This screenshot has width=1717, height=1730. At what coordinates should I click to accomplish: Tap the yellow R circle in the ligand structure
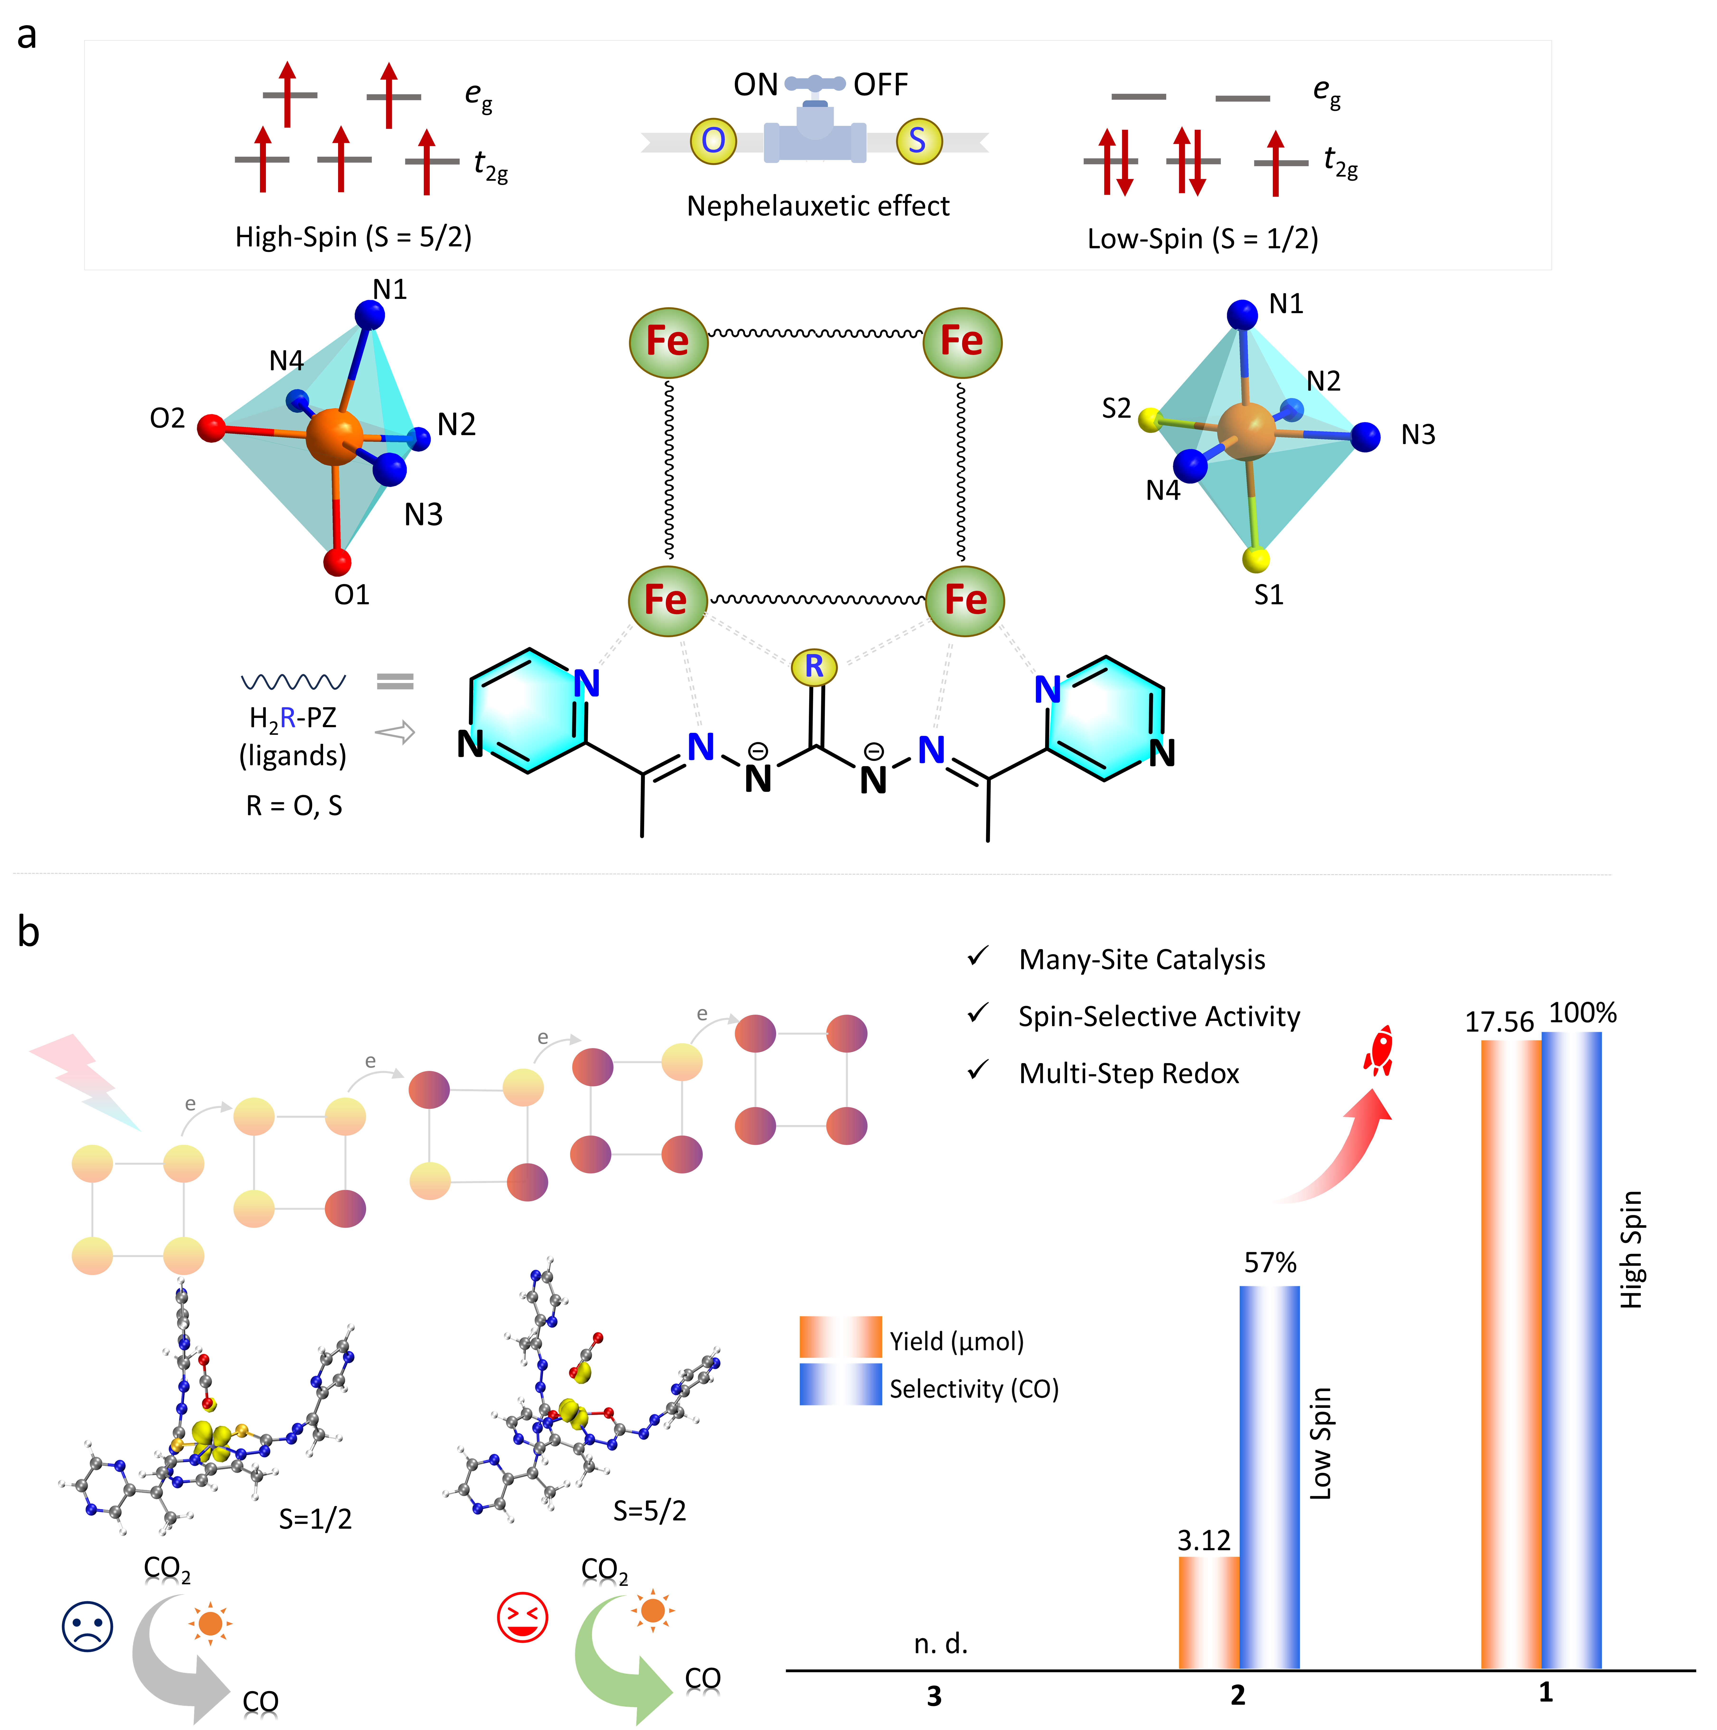coord(813,666)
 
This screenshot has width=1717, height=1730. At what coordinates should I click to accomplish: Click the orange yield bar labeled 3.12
coord(1208,1612)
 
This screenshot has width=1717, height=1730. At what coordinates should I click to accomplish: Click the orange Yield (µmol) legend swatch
coord(840,1338)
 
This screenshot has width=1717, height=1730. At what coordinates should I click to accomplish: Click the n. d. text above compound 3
coord(940,1644)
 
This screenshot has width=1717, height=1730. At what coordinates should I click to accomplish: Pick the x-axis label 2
coord(1238,1695)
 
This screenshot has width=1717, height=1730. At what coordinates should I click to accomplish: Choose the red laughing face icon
coord(522,1617)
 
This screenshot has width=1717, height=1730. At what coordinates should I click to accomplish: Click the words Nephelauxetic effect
coord(818,206)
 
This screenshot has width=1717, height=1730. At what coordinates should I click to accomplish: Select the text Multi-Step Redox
coord(1128,1074)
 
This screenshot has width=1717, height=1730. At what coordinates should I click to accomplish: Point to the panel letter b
coord(29,932)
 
